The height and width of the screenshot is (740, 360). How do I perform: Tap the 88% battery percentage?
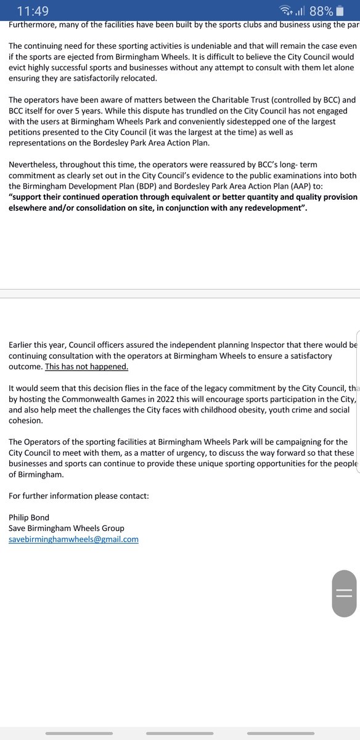point(321,10)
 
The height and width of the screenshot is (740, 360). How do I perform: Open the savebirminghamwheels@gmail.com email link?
point(73,539)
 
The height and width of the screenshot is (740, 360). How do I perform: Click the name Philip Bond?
point(29,517)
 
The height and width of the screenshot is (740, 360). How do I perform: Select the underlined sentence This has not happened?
point(87,366)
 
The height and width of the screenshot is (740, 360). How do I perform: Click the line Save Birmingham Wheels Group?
point(66,528)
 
